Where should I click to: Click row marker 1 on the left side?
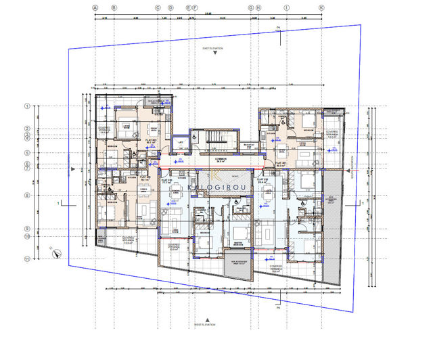click(28, 106)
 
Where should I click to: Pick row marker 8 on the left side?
click(28, 196)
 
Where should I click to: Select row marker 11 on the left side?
click(28, 258)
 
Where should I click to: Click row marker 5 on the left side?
click(28, 153)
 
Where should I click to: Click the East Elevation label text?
click(216, 49)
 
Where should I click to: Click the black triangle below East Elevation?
click(216, 56)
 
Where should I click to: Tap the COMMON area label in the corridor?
click(220, 160)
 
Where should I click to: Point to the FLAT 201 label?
click(281, 164)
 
